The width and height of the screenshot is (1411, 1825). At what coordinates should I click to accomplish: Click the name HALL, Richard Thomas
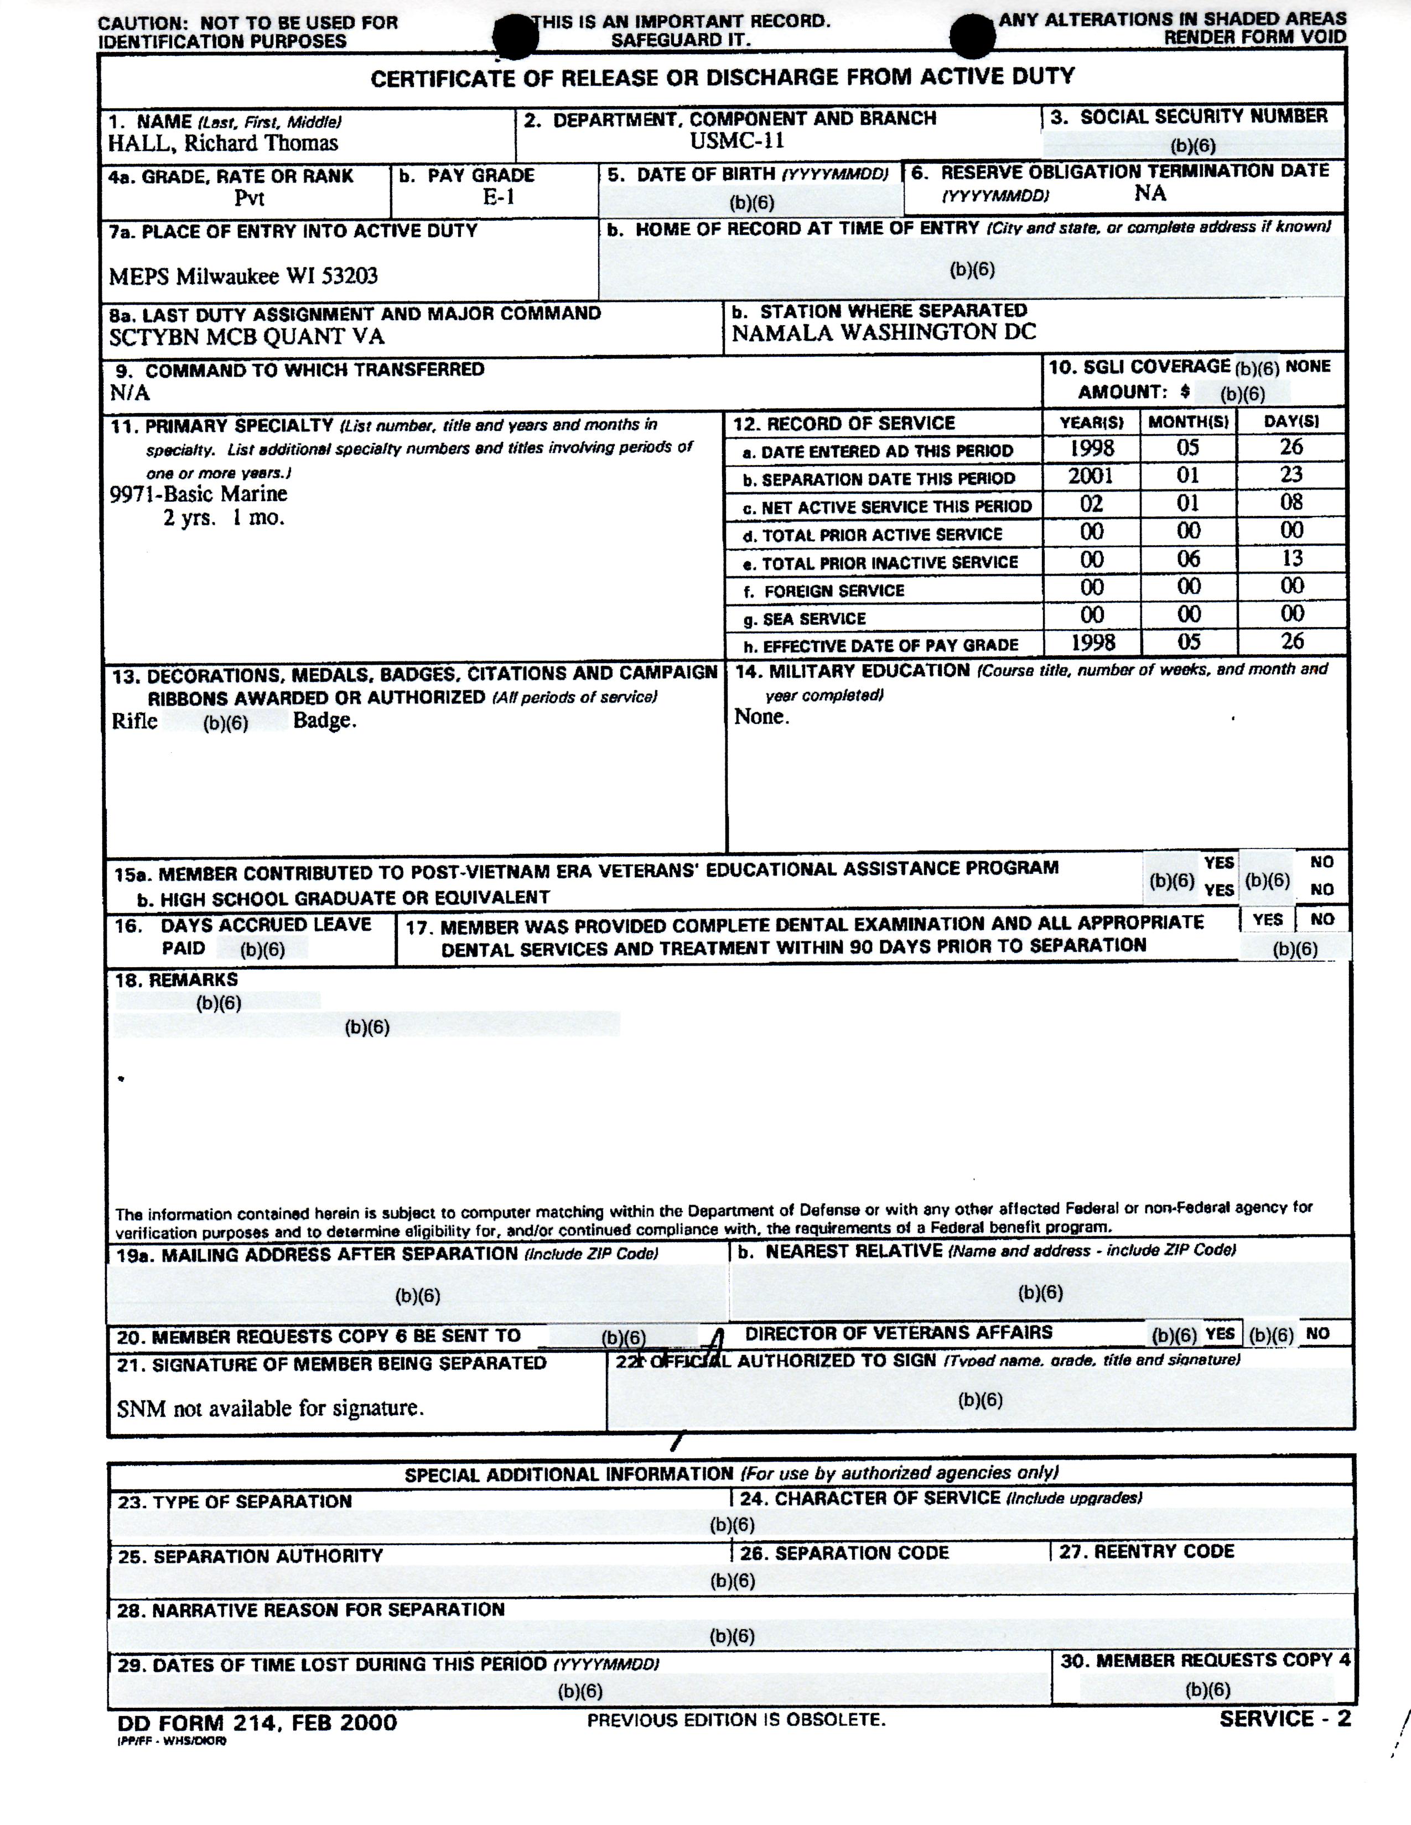[x=222, y=143]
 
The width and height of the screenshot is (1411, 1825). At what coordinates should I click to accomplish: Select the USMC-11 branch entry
[x=736, y=140]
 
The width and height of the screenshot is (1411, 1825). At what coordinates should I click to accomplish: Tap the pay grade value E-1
[x=499, y=197]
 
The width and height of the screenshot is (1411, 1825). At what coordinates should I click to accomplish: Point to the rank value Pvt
[x=249, y=198]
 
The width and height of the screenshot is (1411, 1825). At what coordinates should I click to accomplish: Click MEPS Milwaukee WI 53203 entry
[x=243, y=276]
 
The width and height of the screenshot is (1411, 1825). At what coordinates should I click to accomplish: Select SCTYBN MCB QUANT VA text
[x=247, y=337]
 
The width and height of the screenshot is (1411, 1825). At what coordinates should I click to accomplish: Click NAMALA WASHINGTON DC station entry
[x=884, y=332]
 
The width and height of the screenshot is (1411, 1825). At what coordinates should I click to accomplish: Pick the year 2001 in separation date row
[x=1091, y=476]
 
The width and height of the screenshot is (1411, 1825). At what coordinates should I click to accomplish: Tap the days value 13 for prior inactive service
[x=1291, y=558]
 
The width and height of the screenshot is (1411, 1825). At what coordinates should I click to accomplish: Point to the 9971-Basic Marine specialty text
[x=199, y=494]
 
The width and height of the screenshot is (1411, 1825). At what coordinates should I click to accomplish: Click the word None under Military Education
[x=761, y=717]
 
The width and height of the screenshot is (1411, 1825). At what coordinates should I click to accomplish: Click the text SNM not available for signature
[x=270, y=1409]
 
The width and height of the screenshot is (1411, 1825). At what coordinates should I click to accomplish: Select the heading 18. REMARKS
[x=177, y=979]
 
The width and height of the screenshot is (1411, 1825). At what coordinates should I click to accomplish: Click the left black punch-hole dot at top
[x=514, y=39]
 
